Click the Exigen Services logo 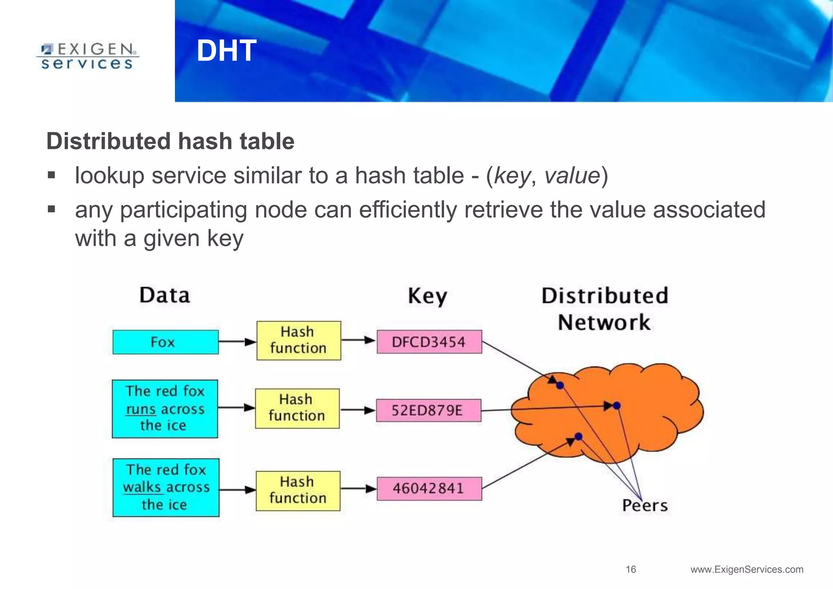click(87, 56)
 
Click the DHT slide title click(226, 51)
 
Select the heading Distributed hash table click(170, 141)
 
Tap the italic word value click(572, 176)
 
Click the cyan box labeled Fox click(165, 342)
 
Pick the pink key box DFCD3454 click(429, 342)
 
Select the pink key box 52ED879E click(428, 410)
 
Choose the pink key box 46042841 click(429, 489)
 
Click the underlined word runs click(141, 409)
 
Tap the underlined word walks click(142, 487)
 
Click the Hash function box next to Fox click(299, 340)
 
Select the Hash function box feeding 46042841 click(298, 491)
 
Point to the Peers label click(645, 506)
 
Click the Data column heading click(165, 295)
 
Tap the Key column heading click(427, 296)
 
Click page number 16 click(631, 569)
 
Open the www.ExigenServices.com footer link click(747, 569)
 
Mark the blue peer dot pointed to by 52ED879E click(617, 406)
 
